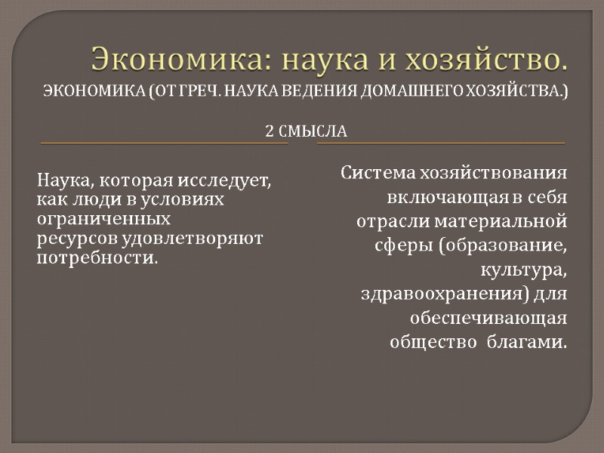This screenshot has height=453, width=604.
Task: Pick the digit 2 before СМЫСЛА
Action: pos(270,131)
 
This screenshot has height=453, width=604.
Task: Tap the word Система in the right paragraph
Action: pos(377,173)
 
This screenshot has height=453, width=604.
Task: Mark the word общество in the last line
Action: pos(430,341)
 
